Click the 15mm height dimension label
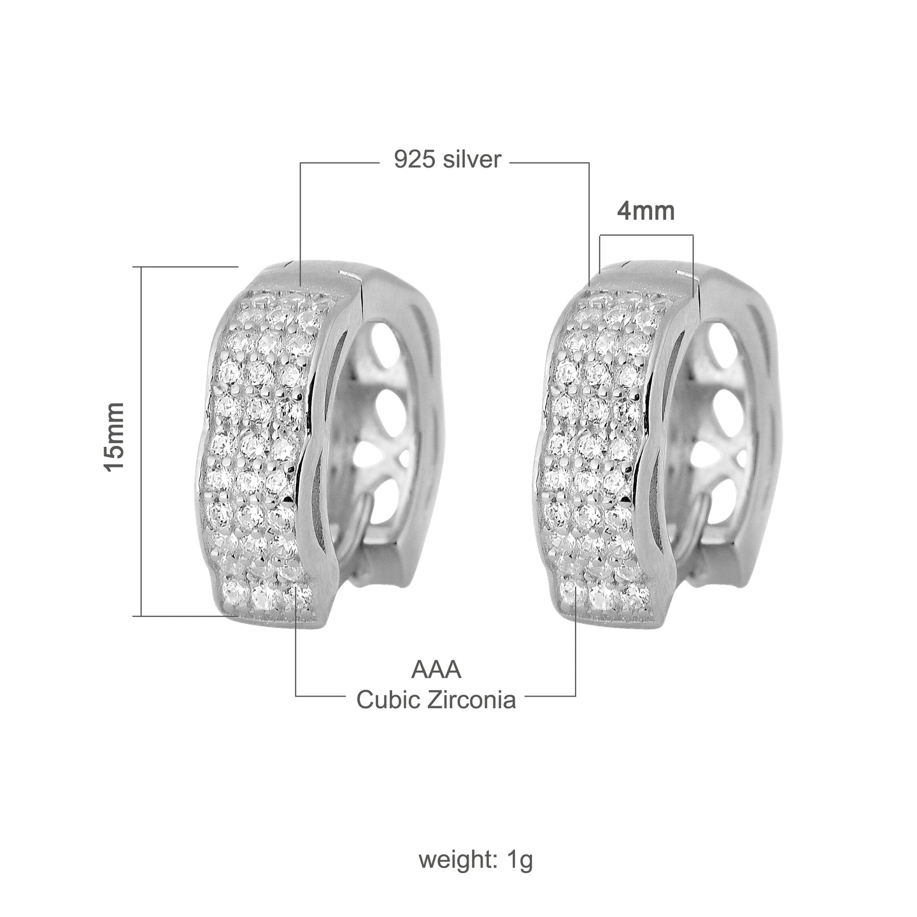click(x=116, y=437)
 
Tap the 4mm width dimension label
click(x=646, y=211)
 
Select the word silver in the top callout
click(x=472, y=160)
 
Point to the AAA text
click(x=436, y=670)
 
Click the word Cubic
click(x=386, y=700)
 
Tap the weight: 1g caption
click(x=475, y=860)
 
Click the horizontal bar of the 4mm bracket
click(x=646, y=235)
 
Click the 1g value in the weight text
click(x=520, y=860)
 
